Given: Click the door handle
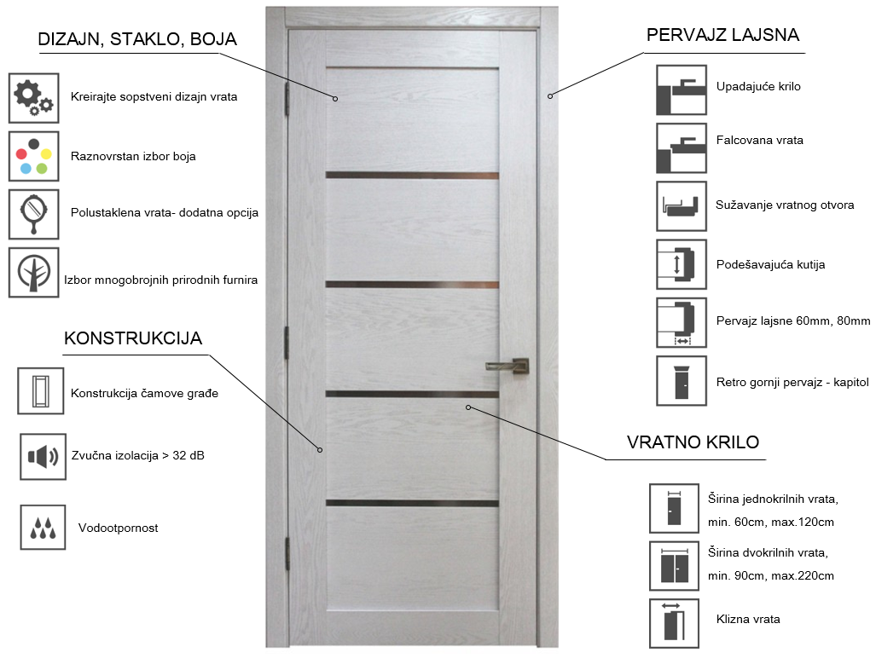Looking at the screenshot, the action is pos(508,366).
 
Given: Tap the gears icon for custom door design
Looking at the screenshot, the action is pos(33,98).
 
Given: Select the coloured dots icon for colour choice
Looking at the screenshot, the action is pos(33,156).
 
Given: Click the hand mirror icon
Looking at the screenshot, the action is pos(33,214).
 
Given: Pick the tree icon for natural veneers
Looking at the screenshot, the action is pos(33,273).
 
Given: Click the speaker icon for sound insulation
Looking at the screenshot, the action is pos(43,457).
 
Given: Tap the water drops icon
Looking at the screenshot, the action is pos(43,527).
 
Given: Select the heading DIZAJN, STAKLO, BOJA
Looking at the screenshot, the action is pos(137,39).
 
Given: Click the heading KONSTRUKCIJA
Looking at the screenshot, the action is pos(133,338).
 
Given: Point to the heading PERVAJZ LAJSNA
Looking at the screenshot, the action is pos(723,35).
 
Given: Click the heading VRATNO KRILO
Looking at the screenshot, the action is pos(693,442).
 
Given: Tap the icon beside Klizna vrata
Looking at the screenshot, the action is pos(675,623).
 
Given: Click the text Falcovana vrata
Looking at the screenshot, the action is pos(760,140).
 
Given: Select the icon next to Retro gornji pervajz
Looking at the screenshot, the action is pos(682,381).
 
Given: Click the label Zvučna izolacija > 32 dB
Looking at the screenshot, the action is pos(138,456).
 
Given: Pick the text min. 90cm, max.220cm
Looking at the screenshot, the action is pos(771,575).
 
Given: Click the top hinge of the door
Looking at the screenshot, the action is pos(287,99).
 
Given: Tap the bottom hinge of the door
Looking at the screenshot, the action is pos(287,553).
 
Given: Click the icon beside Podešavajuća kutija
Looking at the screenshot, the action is pos(682,264).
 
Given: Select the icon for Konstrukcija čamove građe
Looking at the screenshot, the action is pos(41,391).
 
